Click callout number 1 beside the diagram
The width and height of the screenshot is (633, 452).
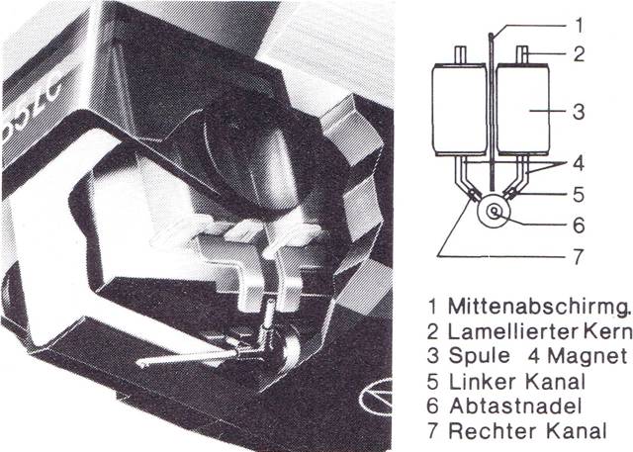[x=580, y=25]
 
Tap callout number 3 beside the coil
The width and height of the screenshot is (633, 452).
[x=579, y=112]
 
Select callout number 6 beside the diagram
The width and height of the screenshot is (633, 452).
[x=579, y=226]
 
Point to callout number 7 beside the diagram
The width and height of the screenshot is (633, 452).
[x=579, y=257]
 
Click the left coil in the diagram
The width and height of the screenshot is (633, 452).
[x=459, y=110]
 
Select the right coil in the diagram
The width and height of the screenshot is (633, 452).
[x=522, y=110]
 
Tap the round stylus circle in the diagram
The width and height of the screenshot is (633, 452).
[x=494, y=211]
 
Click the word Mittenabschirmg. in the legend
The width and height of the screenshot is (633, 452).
[x=539, y=308]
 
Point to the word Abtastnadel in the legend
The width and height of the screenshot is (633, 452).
[x=515, y=406]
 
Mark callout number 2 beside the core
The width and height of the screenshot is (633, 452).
[x=579, y=54]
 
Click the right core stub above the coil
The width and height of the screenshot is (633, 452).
[x=523, y=54]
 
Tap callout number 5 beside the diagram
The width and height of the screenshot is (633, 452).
[x=579, y=195]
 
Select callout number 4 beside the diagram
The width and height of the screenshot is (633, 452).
[x=579, y=163]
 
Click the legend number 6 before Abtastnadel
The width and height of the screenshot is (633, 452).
[x=432, y=406]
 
